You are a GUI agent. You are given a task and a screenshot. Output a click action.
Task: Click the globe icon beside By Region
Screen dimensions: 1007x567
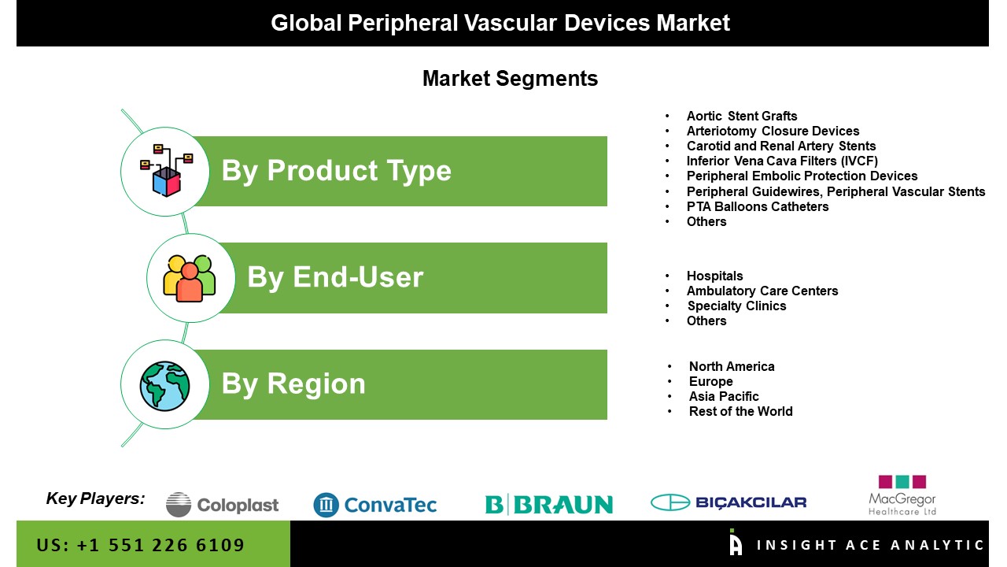[164, 386]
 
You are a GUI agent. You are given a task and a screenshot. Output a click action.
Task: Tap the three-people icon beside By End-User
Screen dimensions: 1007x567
[190, 278]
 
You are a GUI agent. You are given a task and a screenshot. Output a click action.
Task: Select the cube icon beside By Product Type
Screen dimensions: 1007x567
[166, 171]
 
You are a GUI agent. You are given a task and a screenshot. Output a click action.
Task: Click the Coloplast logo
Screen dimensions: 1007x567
[222, 505]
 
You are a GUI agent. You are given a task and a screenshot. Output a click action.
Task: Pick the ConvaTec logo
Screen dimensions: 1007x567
[375, 505]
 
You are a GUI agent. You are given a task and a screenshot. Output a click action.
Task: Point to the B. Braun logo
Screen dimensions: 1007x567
[549, 504]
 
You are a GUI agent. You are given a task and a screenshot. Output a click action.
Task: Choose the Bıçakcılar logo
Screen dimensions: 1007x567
[729, 502]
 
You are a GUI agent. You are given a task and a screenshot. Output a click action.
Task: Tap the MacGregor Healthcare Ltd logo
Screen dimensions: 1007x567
[902, 495]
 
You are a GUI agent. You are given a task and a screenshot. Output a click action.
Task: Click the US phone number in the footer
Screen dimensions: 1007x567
[140, 545]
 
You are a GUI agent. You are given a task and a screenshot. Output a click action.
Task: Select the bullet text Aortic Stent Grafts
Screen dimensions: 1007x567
[742, 116]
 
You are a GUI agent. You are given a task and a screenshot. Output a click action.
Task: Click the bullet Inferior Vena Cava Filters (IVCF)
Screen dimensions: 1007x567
[782, 161]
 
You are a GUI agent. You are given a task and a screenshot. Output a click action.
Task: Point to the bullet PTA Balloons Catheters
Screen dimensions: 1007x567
[758, 206]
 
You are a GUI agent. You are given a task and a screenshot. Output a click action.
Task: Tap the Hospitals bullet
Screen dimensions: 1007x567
[715, 276]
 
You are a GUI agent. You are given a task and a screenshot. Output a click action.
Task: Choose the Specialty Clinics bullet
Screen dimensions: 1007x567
[737, 306]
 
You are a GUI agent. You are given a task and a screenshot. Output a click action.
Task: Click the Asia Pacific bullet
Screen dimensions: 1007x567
[724, 396]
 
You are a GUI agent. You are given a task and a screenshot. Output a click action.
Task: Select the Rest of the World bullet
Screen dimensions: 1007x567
[741, 411]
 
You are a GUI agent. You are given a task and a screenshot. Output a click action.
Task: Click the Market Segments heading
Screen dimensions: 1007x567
[511, 79]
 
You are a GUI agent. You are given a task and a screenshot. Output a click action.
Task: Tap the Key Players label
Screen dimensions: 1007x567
[96, 498]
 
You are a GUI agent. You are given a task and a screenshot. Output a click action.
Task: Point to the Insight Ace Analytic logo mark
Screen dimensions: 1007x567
[736, 543]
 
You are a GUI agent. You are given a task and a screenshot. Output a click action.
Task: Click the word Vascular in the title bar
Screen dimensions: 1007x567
[511, 23]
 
